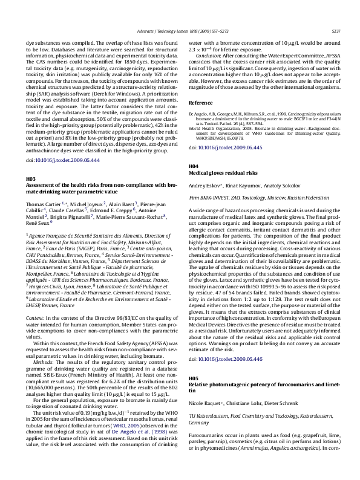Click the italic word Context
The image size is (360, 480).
34,317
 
